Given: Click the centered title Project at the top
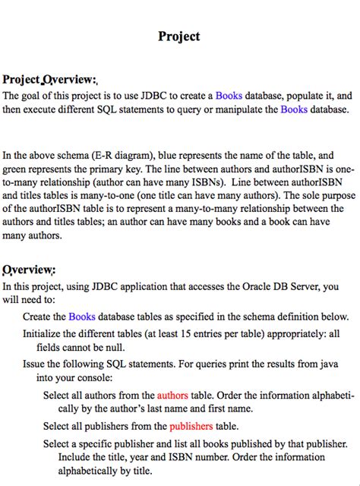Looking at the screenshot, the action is point(179,36).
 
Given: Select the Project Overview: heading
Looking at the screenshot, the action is point(50,80).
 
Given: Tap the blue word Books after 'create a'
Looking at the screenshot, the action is point(229,96).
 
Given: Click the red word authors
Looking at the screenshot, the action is point(172,395).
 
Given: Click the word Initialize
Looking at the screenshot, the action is point(45,333).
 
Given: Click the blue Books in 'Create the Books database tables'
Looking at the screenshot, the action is point(82,316).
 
